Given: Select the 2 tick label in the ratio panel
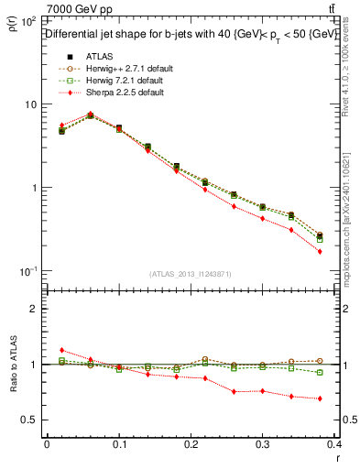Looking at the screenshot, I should point(35,309).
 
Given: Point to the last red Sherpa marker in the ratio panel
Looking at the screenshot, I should point(320,398).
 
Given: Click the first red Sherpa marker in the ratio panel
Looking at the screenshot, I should point(61,350).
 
